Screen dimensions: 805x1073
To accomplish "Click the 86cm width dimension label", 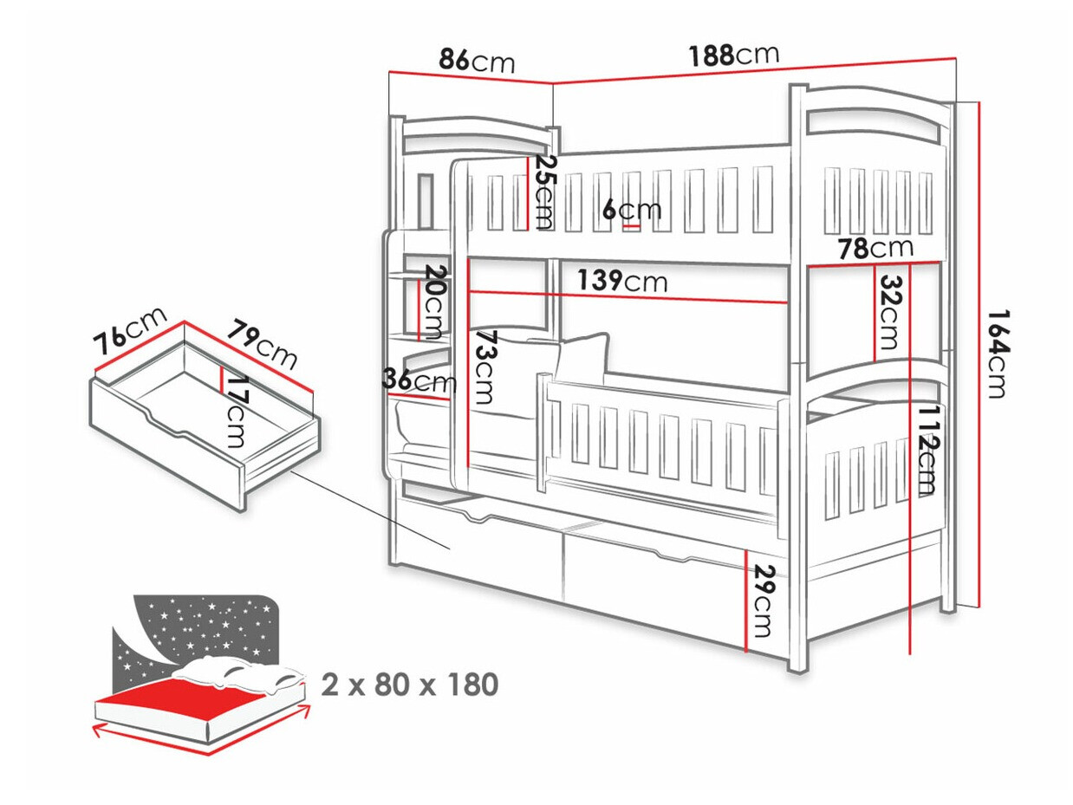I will (x=476, y=61).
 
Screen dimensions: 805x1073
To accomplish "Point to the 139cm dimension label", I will (x=622, y=281).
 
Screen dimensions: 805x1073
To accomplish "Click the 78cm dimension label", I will (x=875, y=249).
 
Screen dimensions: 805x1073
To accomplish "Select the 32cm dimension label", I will (x=889, y=312).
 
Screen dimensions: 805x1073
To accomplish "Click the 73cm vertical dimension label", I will (x=485, y=367).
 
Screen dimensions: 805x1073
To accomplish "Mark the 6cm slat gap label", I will (x=632, y=210).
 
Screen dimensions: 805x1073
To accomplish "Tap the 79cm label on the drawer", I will (x=263, y=342).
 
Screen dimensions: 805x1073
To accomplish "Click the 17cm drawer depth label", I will (x=237, y=411).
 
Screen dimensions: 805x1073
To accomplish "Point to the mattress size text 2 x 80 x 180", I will (x=410, y=685).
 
